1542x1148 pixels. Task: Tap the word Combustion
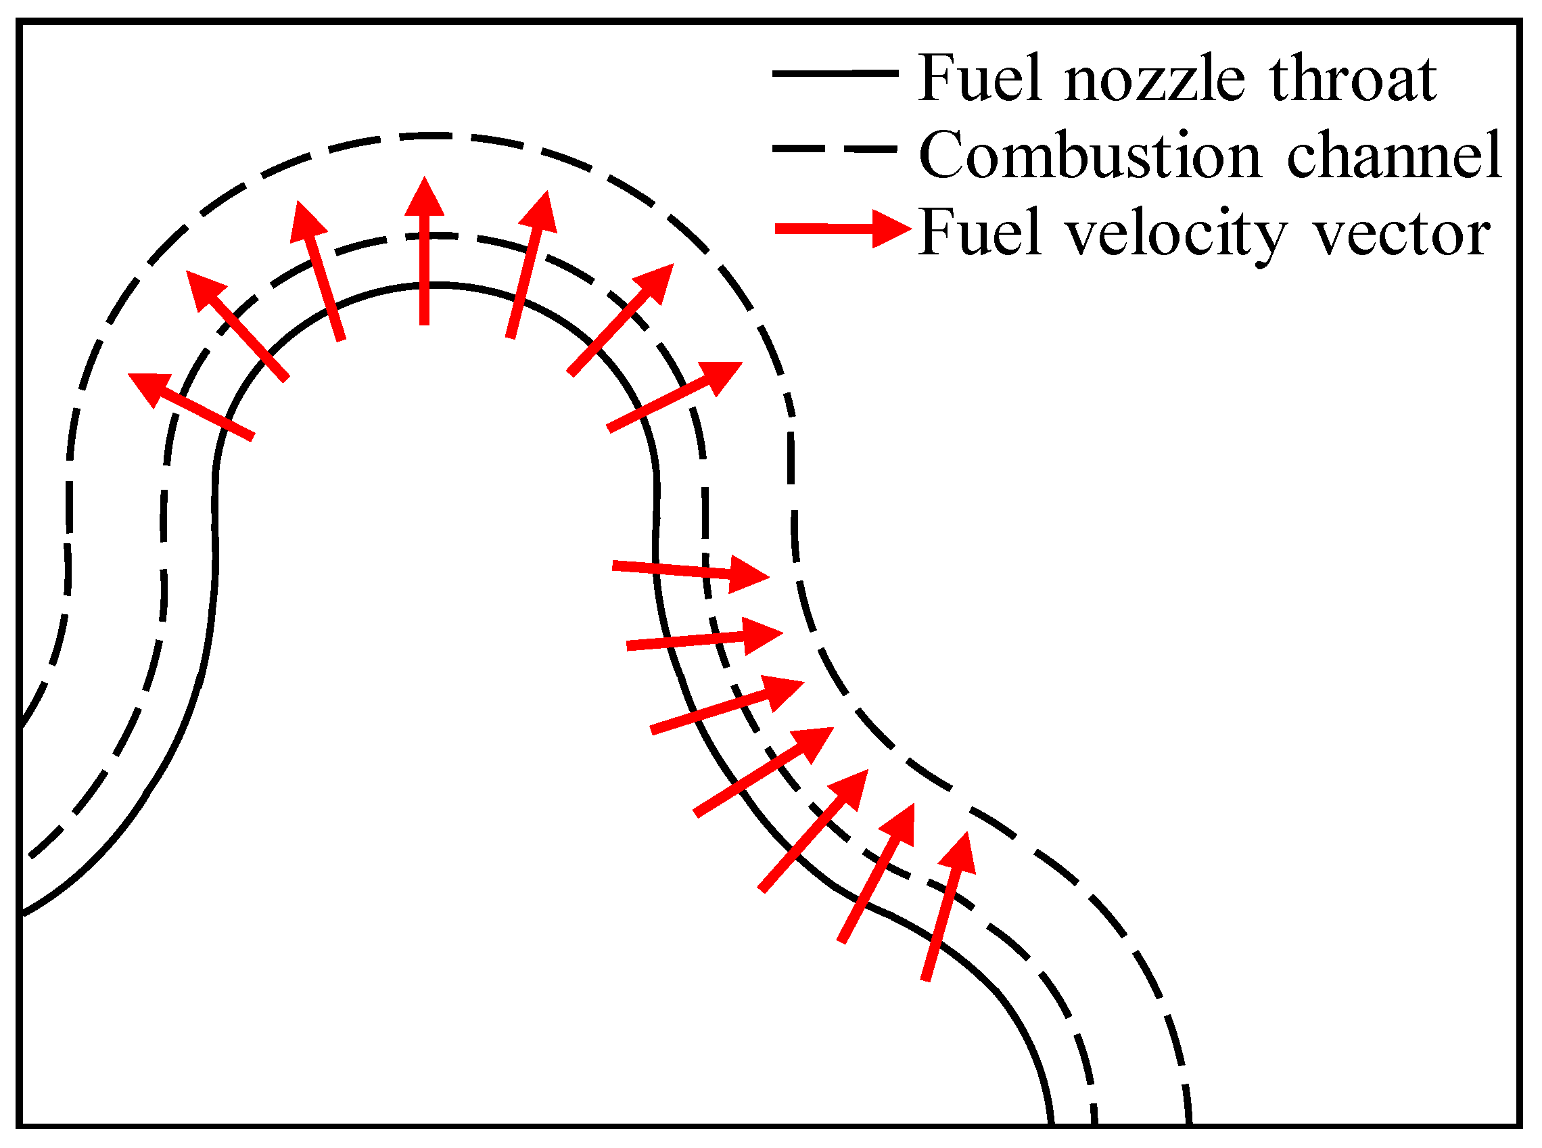point(1090,156)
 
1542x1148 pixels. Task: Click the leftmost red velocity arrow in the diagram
point(191,406)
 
